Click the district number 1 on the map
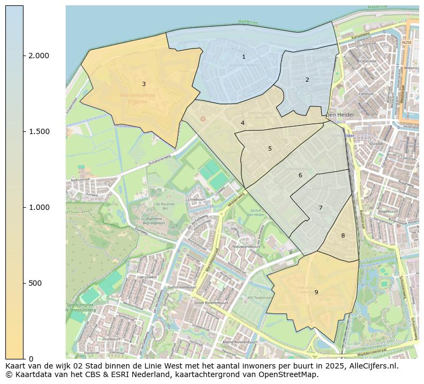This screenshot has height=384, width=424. pyautogui.click(x=244, y=57)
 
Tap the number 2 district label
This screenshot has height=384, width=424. pyautogui.click(x=307, y=80)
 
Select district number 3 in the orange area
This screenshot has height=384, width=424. pyautogui.click(x=144, y=84)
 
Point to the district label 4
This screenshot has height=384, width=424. pyautogui.click(x=242, y=123)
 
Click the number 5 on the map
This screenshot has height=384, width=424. pyautogui.click(x=270, y=148)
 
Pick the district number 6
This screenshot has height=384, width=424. pyautogui.click(x=300, y=175)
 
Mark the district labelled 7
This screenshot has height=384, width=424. pyautogui.click(x=320, y=208)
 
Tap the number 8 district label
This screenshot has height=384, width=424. pyautogui.click(x=343, y=236)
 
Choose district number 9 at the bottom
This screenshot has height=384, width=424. pyautogui.click(x=316, y=292)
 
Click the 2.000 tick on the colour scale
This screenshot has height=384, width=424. pyautogui.click(x=38, y=56)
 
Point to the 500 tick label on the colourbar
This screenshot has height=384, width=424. pyautogui.click(x=35, y=283)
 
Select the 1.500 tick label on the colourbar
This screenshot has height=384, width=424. pyautogui.click(x=38, y=131)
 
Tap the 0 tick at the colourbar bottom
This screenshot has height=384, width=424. pyautogui.click(x=31, y=359)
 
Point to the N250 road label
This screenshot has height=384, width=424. pyautogui.click(x=407, y=42)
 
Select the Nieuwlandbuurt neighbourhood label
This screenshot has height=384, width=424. pyautogui.click(x=246, y=247)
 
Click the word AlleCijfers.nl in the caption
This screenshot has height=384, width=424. pyautogui.click(x=373, y=366)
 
